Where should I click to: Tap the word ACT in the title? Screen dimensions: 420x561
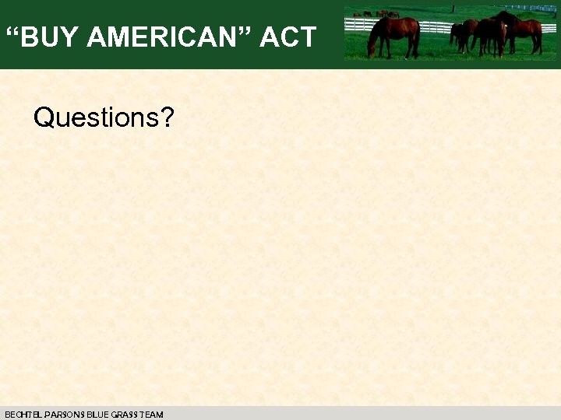tap(288, 37)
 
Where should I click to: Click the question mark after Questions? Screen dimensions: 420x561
tap(167, 118)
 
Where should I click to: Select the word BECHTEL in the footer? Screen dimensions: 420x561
tap(20, 415)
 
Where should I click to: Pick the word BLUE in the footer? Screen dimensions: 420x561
tap(97, 415)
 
